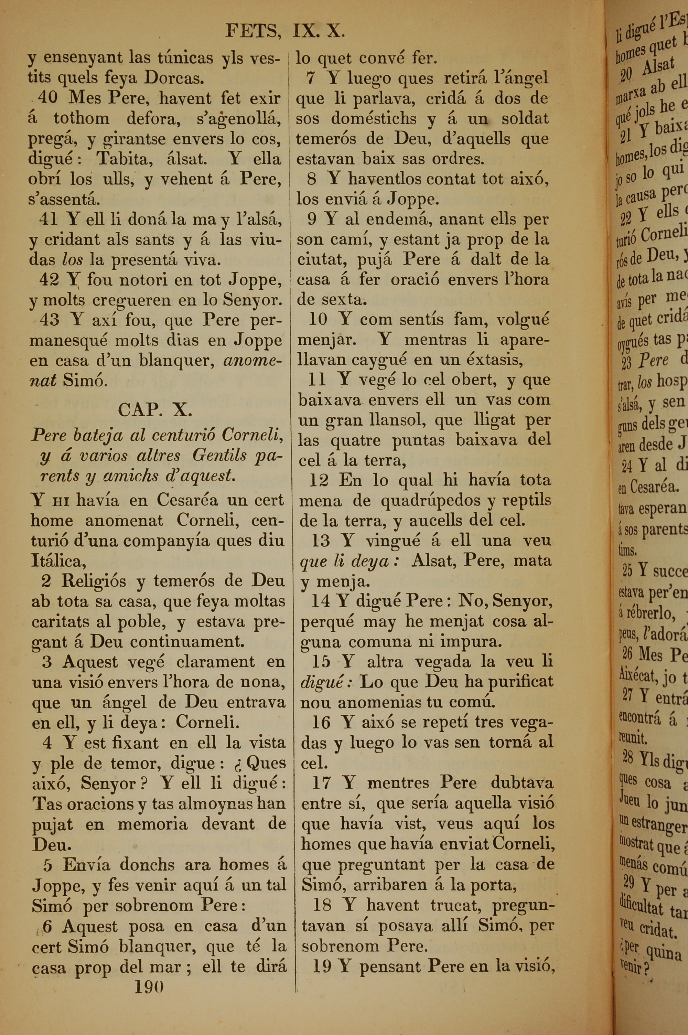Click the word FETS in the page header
253,32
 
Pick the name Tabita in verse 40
125,158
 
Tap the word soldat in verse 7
525,118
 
